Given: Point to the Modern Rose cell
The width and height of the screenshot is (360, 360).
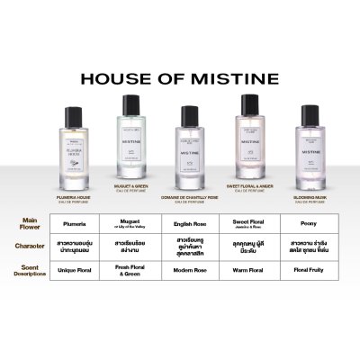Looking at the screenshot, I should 190,267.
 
